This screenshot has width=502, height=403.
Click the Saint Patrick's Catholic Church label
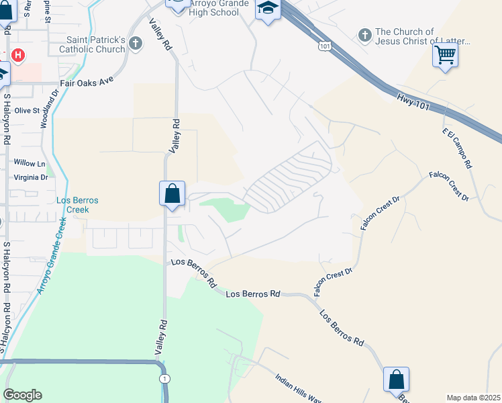coord(92,44)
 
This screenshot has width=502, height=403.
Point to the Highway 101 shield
coord(325,45)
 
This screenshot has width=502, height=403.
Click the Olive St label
coord(28,110)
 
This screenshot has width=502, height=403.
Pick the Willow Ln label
coord(29,163)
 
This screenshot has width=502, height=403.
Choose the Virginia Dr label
coord(31,177)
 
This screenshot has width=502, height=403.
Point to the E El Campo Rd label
coord(456,148)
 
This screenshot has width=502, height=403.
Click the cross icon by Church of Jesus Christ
coord(365,34)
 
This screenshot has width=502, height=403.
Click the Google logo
coord(22,395)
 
